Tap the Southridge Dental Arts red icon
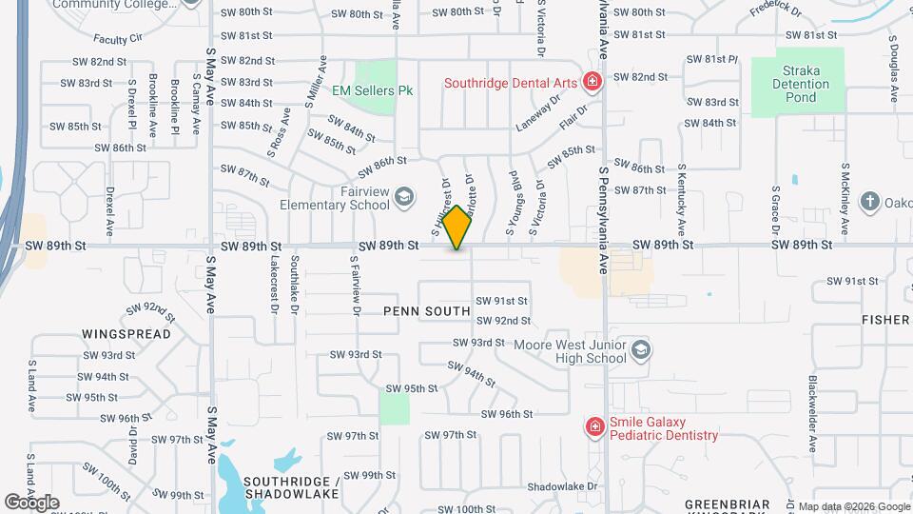click(x=592, y=83)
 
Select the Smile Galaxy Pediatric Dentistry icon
click(x=594, y=427)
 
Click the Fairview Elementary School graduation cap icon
click(x=404, y=196)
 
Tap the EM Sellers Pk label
click(x=373, y=91)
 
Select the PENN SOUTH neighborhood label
click(x=427, y=311)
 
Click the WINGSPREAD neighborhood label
click(x=126, y=334)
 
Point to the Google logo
click(x=31, y=503)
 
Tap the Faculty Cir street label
click(x=118, y=39)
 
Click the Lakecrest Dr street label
click(x=274, y=284)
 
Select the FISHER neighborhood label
click(x=885, y=320)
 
